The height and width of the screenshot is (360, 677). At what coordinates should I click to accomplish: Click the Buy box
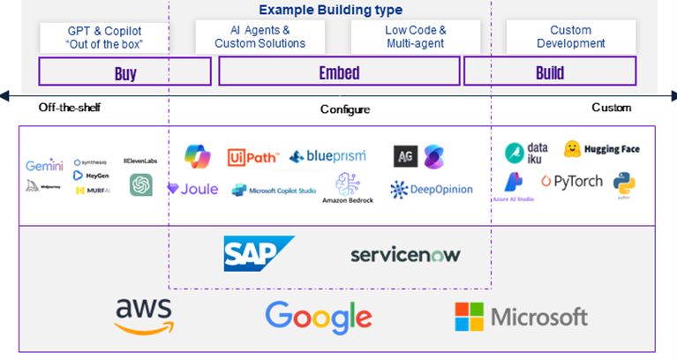[x=125, y=72]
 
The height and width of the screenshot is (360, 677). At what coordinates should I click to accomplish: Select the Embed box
[x=340, y=72]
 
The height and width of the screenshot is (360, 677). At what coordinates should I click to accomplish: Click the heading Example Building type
[x=330, y=11]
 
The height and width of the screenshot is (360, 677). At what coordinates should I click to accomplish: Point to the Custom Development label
[x=570, y=37]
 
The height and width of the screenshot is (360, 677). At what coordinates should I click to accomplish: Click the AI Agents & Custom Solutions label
[x=260, y=37]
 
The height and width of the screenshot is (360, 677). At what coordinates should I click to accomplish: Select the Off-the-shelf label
[x=70, y=108]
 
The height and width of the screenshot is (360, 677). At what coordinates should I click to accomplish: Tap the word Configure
[x=344, y=109]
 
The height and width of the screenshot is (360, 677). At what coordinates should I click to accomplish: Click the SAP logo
[x=258, y=253]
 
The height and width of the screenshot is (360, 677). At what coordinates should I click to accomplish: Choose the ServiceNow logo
[x=405, y=254]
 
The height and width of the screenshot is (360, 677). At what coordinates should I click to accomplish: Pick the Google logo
[x=319, y=317]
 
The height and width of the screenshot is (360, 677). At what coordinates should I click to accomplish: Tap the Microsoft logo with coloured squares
[x=521, y=316]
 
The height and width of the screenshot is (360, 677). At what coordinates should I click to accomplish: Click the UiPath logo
[x=253, y=157]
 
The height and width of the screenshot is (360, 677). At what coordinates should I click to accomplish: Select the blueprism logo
[x=321, y=157]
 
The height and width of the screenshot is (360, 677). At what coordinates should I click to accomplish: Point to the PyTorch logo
[x=572, y=182]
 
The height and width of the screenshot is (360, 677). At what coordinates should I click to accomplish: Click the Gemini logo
[x=44, y=166]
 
